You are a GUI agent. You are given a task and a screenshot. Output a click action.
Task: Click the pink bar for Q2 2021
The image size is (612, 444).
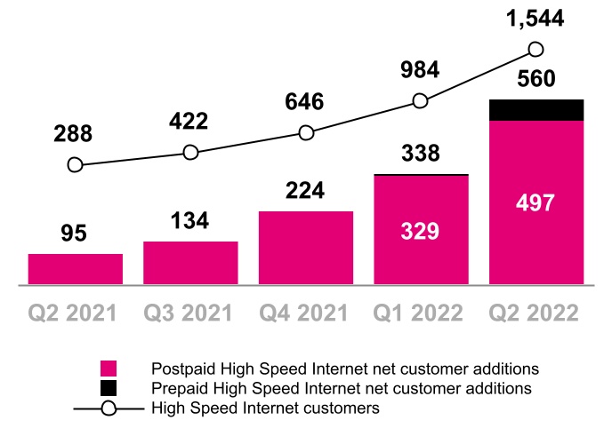pyautogui.click(x=76, y=269)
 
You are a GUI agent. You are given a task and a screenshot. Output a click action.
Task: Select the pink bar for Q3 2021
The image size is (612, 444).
pyautogui.click(x=190, y=263)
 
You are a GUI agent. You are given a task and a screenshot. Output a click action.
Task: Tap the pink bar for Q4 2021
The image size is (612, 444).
pyautogui.click(x=306, y=248)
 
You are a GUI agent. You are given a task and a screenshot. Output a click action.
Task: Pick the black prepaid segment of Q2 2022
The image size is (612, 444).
pyautogui.click(x=536, y=110)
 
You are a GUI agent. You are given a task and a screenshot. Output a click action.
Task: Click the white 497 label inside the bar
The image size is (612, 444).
pyautogui.click(x=535, y=203)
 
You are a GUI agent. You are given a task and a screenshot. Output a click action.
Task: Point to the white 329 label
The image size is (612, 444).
pyautogui.click(x=420, y=231)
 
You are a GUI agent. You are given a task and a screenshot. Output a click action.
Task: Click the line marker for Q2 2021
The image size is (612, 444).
pyautogui.click(x=75, y=165)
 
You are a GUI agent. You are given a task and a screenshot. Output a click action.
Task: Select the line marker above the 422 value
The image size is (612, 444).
pyautogui.click(x=190, y=152)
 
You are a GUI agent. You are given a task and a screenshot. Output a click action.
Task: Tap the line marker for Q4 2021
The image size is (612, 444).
pyautogui.click(x=306, y=133)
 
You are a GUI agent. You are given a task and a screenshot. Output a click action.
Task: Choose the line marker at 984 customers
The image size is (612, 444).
pyautogui.click(x=420, y=101)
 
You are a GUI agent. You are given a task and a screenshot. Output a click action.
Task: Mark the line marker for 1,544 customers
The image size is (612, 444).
pyautogui.click(x=535, y=50)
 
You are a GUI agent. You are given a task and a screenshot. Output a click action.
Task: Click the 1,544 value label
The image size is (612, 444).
pyautogui.click(x=535, y=19)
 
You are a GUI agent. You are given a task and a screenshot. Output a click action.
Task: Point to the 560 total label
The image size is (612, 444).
pyautogui.click(x=536, y=78)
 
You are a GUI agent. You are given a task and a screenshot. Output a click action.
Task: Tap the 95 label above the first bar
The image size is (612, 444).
pyautogui.click(x=74, y=234)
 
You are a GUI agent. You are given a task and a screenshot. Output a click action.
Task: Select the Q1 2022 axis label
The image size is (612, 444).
pyautogui.click(x=418, y=313)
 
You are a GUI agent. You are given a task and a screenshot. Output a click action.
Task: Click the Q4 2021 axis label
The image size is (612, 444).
pyautogui.click(x=303, y=313)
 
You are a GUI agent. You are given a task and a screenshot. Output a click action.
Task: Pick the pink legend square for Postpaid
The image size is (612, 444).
pyautogui.click(x=109, y=369)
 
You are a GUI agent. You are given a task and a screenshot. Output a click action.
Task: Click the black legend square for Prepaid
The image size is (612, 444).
pyautogui.click(x=109, y=388)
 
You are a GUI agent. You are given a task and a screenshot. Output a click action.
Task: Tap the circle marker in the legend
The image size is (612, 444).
pyautogui.click(x=109, y=408)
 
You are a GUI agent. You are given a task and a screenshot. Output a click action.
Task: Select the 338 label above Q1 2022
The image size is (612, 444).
pyautogui.click(x=421, y=153)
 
